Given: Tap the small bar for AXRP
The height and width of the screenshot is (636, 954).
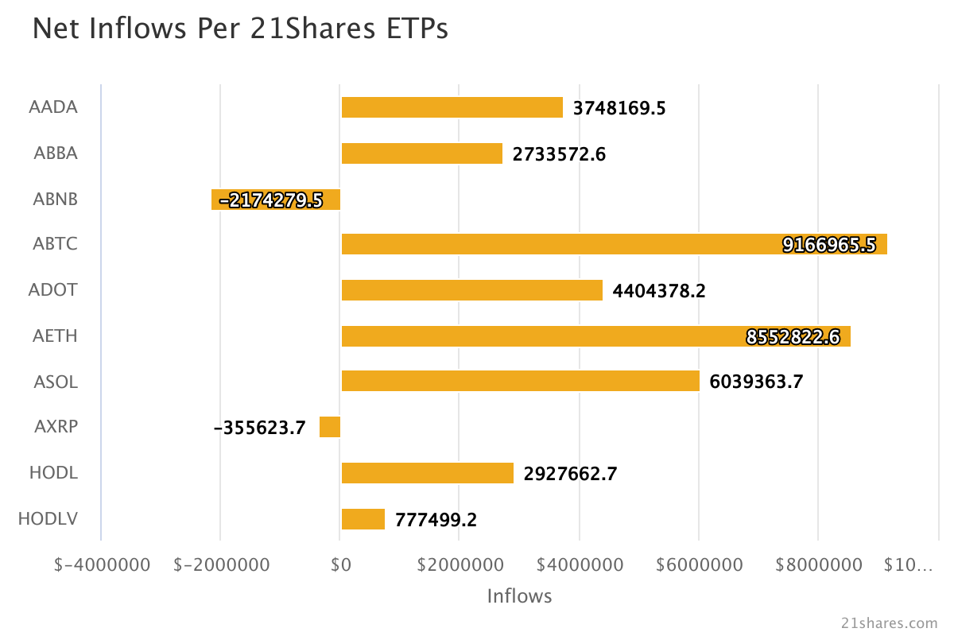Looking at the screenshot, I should click(330, 427).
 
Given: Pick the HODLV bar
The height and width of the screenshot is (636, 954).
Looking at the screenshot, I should click(363, 519).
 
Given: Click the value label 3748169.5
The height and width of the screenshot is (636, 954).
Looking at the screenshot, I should click(619, 108).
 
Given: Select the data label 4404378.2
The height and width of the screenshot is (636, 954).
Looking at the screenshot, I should click(659, 291).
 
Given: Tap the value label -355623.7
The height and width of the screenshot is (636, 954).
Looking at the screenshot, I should click(259, 429).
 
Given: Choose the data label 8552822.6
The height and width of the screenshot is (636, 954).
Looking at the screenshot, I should click(793, 337).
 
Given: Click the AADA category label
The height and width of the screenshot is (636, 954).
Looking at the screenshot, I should click(53, 107).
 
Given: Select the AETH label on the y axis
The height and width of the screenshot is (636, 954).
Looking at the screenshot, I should click(55, 335).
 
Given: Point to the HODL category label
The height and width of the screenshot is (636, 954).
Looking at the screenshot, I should click(53, 473).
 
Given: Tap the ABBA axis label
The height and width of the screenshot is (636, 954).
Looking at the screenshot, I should click(56, 153).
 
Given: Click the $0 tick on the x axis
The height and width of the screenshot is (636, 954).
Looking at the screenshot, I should click(340, 564).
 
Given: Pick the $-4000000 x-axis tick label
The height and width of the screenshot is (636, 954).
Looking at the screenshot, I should click(102, 564).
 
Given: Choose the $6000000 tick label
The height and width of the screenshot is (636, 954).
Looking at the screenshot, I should click(700, 564).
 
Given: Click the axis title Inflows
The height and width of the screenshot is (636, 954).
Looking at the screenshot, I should click(519, 595).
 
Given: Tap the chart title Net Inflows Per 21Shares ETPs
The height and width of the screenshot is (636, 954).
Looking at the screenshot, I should click(240, 29).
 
